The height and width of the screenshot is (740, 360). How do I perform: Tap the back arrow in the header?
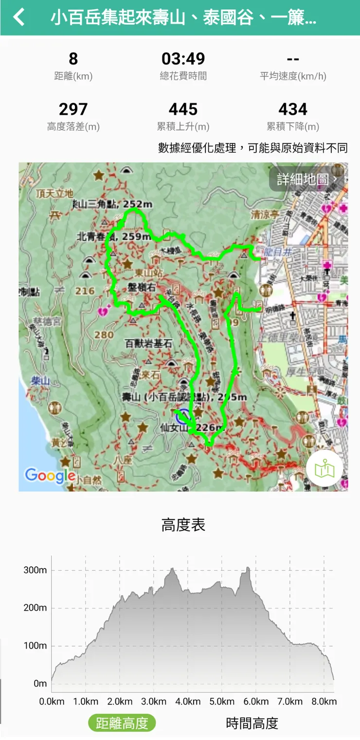click(18, 18)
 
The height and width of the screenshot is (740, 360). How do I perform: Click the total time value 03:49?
click(183, 59)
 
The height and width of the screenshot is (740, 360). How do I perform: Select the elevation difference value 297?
click(73, 109)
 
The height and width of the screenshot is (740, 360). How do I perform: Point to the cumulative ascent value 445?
click(183, 109)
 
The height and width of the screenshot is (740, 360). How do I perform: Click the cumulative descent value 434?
click(293, 109)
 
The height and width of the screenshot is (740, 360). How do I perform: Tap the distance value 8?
click(73, 59)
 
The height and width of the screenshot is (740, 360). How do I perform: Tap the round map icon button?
click(324, 469)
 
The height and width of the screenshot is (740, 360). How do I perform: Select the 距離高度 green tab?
click(122, 723)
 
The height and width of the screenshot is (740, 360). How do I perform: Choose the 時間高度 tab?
click(252, 723)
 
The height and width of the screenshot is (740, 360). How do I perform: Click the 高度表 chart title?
click(183, 525)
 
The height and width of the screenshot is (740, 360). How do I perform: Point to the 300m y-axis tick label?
click(35, 570)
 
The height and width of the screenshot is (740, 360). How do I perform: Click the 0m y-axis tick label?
click(40, 684)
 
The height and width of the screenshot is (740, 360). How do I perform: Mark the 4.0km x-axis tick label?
click(188, 702)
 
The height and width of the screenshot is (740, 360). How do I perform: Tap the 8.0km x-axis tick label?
click(324, 702)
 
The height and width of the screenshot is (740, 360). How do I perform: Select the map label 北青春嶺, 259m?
click(113, 236)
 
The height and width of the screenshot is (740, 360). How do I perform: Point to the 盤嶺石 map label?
click(142, 287)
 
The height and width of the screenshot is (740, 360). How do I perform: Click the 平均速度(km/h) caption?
click(293, 76)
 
